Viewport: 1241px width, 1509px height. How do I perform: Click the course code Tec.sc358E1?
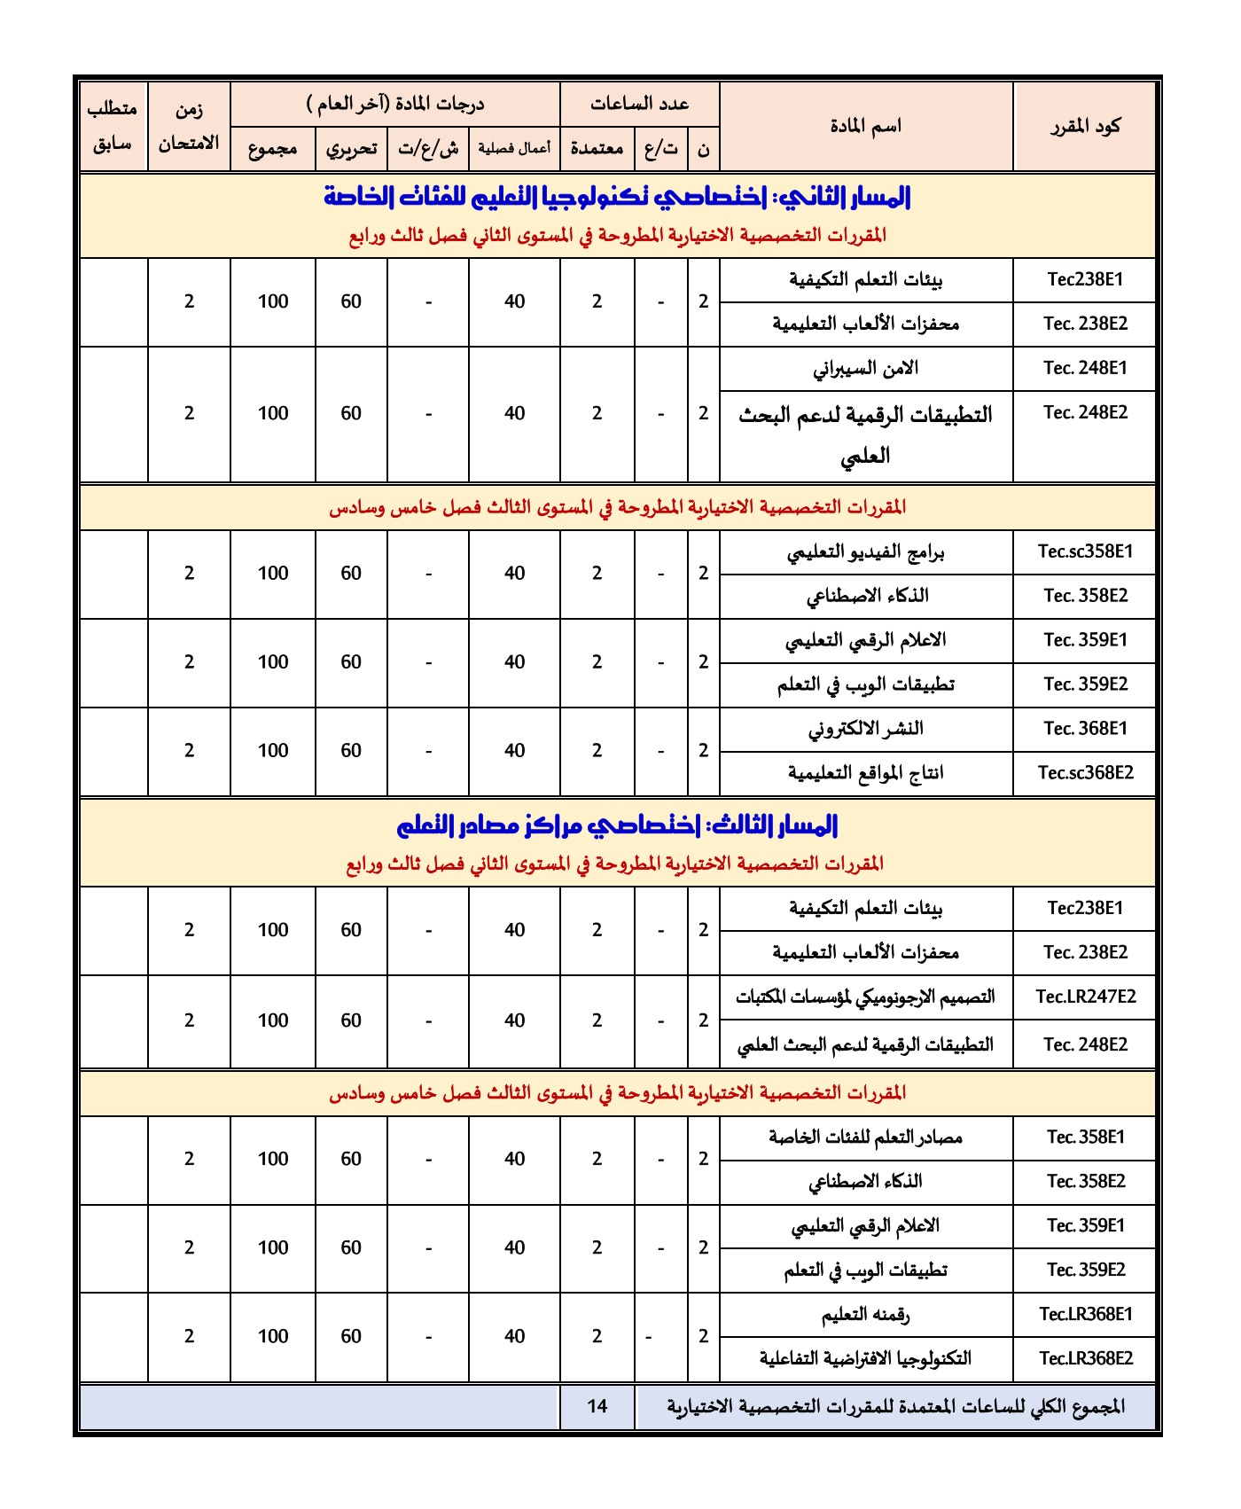coord(1085,551)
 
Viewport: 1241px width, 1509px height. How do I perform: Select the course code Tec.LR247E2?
coord(1085,997)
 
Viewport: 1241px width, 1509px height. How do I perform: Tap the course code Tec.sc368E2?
coord(1085,772)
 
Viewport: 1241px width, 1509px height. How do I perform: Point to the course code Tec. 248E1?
coord(1085,368)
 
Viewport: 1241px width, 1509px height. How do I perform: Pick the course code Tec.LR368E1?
coord(1085,1314)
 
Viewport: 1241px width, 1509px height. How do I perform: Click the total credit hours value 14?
coord(597,1406)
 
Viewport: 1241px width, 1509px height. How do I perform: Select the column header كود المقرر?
coord(1085,126)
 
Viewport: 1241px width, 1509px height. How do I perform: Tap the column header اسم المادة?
coord(866,126)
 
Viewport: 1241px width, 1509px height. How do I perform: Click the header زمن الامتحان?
coord(189,126)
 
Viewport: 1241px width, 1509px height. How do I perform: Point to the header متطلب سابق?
coord(113,126)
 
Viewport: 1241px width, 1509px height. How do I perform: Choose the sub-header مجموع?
coord(272,148)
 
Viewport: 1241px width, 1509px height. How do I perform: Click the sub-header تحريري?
coord(351,148)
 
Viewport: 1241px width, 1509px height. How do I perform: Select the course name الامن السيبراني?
coord(866,368)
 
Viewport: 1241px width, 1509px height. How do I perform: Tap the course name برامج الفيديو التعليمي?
coord(866,552)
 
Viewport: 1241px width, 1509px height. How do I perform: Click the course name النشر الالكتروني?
coord(866,729)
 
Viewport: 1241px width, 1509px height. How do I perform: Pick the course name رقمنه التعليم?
coord(866,1314)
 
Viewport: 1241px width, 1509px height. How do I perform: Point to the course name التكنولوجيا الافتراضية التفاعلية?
coord(866,1358)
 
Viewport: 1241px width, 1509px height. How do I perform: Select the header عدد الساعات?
coord(640,104)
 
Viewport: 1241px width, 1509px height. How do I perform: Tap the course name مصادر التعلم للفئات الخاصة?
coord(866,1137)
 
